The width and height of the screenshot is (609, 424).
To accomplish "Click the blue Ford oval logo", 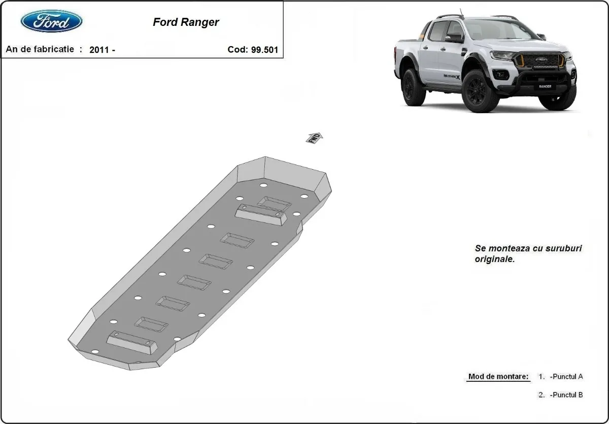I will (51, 21).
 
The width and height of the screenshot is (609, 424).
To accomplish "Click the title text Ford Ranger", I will (186, 22).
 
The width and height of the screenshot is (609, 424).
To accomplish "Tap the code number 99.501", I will (264, 50).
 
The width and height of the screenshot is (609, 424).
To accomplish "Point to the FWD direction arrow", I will (314, 138).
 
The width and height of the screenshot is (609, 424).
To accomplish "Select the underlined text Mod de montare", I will (498, 377).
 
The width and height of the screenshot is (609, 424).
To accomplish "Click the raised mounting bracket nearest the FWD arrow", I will (261, 216).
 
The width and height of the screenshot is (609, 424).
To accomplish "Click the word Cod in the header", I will (238, 50).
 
